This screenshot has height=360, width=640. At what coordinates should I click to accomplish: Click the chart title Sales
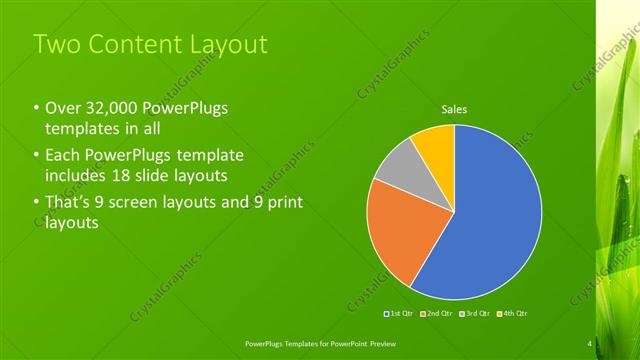(x=455, y=109)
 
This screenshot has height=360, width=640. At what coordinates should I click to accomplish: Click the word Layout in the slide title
(x=229, y=44)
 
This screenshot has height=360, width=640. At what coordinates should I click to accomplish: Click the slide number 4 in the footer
(x=589, y=345)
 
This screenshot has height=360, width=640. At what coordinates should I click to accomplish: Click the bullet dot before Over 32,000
(x=36, y=110)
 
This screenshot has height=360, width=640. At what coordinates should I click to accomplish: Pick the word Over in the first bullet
(x=63, y=110)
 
